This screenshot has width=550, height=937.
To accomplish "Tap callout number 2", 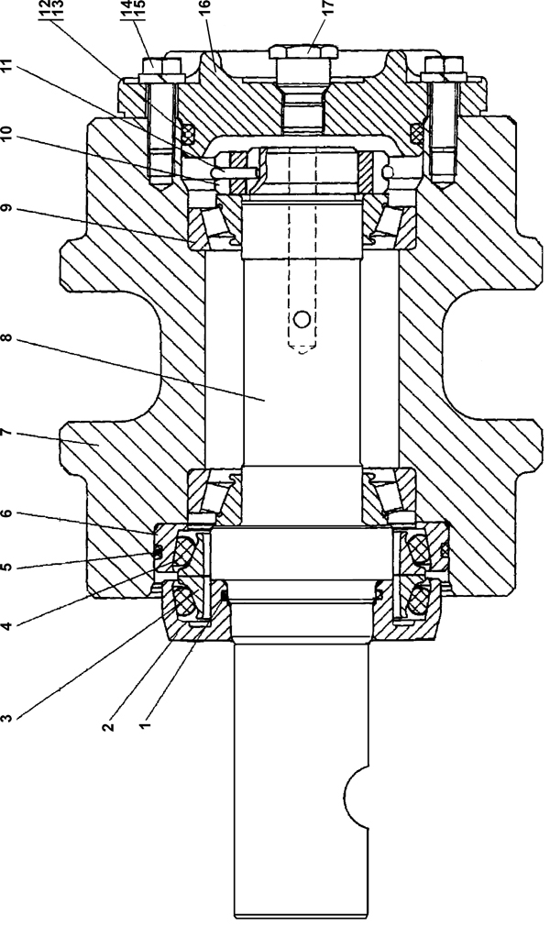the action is [108, 726].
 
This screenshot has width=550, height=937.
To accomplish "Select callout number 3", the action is [6, 716].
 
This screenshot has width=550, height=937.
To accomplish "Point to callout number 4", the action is [6, 625].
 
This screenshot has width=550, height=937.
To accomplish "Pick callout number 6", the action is [6, 513].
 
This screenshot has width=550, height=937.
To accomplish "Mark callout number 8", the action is [6, 338].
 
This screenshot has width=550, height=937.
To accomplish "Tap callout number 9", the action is [6, 208].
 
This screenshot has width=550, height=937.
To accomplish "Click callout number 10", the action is [6, 134].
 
